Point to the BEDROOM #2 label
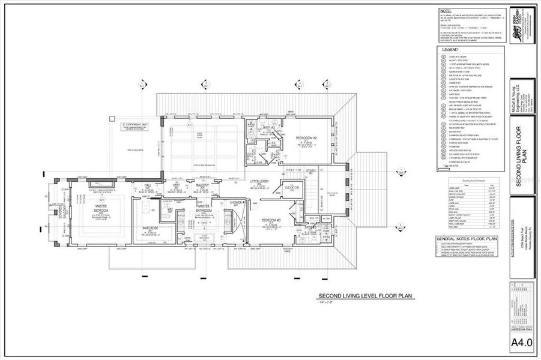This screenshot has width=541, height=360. point(306,138)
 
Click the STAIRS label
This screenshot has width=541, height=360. point(311,171)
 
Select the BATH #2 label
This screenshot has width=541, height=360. point(270,128)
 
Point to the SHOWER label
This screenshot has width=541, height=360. point(237,203)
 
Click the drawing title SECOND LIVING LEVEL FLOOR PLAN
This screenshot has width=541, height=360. point(366,296)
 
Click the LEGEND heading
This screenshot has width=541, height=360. point(450,50)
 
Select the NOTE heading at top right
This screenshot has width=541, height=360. point(445,11)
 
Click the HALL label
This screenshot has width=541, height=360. point(148,185)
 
